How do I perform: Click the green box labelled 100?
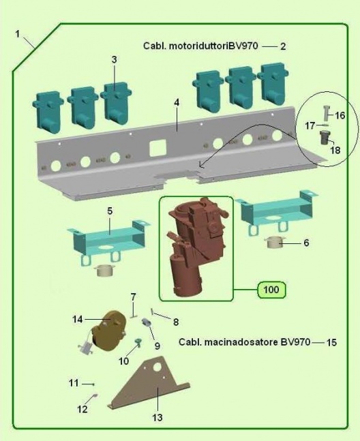[x=271, y=290]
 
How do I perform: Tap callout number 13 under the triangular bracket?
[x=157, y=417]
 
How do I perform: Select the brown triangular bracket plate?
[x=149, y=382]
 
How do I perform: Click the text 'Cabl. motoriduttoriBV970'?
[x=200, y=46]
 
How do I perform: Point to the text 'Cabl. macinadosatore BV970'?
[x=244, y=342]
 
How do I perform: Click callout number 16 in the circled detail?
[x=340, y=115]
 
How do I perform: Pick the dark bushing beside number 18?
[x=325, y=138]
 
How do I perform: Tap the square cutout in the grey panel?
[x=157, y=148]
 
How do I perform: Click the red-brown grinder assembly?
[x=196, y=247]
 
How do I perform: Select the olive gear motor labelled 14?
[x=108, y=331]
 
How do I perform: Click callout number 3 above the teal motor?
[x=114, y=59]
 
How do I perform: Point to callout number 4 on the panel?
[x=177, y=102]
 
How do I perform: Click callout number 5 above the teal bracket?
[x=110, y=211]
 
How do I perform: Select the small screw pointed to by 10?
[x=138, y=341]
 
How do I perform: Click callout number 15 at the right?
[x=331, y=342]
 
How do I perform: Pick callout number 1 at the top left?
[x=18, y=34]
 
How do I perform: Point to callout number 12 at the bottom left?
[x=82, y=409]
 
